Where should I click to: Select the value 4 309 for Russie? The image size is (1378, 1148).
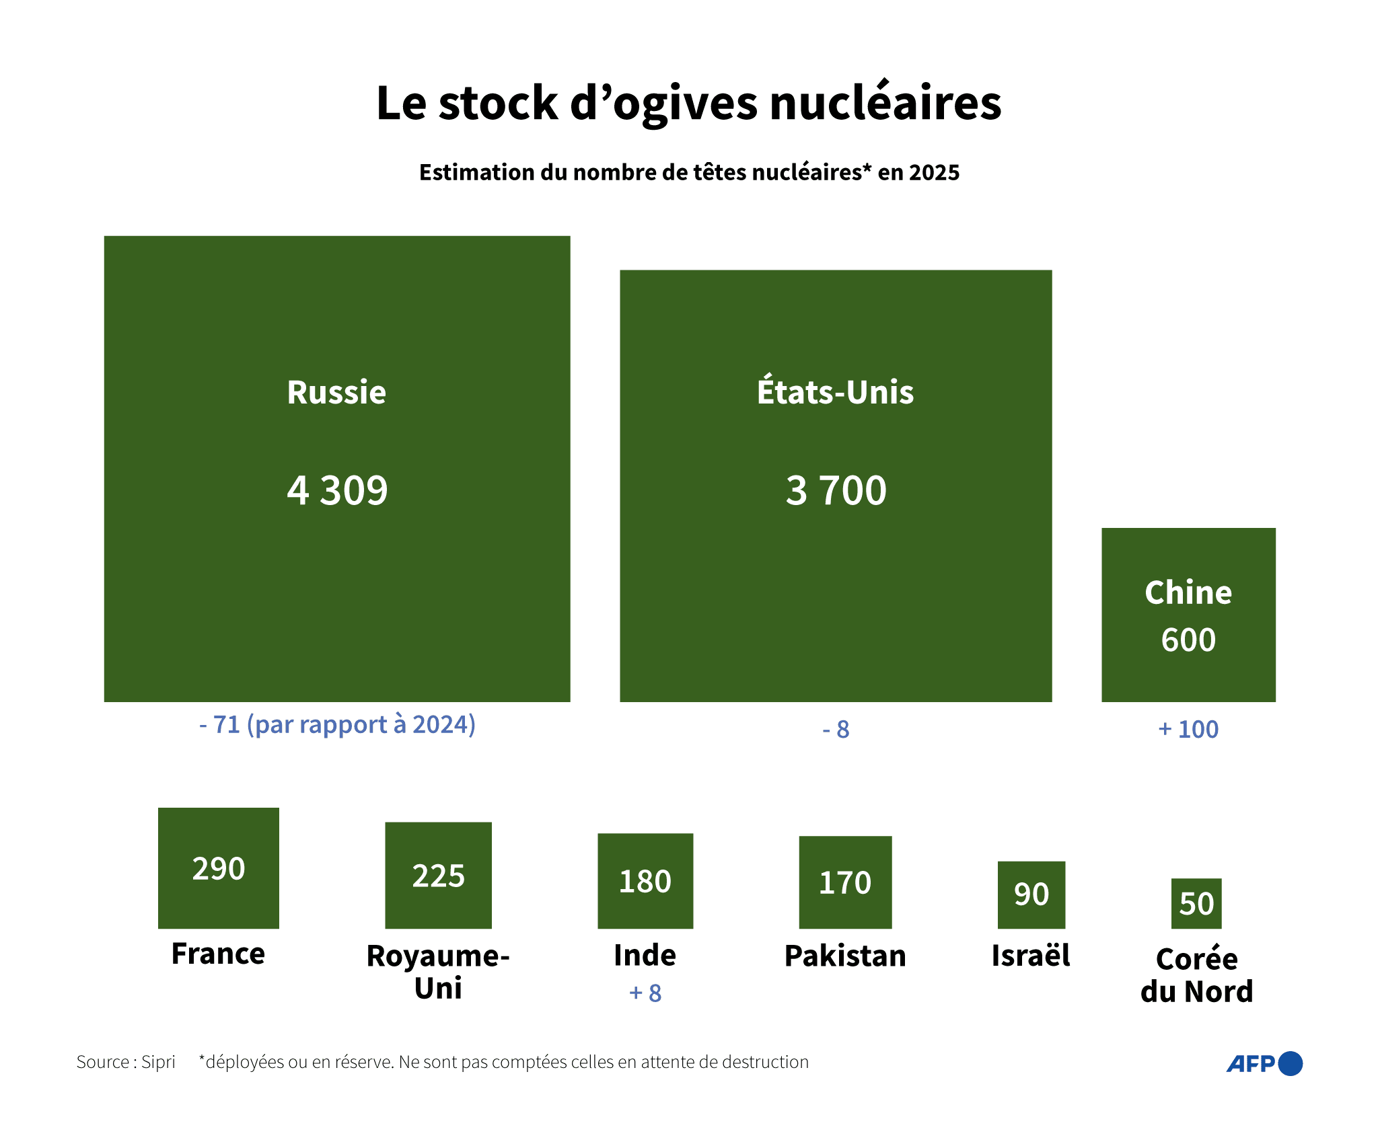pos(337,490)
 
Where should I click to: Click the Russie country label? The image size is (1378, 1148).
pos(336,392)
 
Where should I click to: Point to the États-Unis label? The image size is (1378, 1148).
pos(835,392)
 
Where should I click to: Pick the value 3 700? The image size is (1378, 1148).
pos(836,490)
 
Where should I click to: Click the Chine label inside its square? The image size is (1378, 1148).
pos(1188,592)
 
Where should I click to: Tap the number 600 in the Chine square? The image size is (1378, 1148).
pos(1188,640)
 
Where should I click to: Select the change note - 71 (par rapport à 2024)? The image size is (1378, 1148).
pos(337,725)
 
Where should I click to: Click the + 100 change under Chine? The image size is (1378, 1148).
pos(1188,730)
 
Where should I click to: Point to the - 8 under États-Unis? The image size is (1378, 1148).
pos(836,730)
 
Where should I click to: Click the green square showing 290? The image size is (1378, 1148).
pos(219,868)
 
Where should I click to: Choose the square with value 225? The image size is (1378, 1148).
pos(438,876)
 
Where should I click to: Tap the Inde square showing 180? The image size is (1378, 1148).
pos(645,881)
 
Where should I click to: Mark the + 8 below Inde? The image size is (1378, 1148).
pos(645,993)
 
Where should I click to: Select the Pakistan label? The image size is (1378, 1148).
pos(845,956)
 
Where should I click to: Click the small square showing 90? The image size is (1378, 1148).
pos(1031,894)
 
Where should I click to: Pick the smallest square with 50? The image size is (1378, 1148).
pos(1196,903)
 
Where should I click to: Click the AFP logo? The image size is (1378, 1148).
pos(1264,1063)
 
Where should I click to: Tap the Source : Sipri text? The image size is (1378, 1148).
pos(126,1062)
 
